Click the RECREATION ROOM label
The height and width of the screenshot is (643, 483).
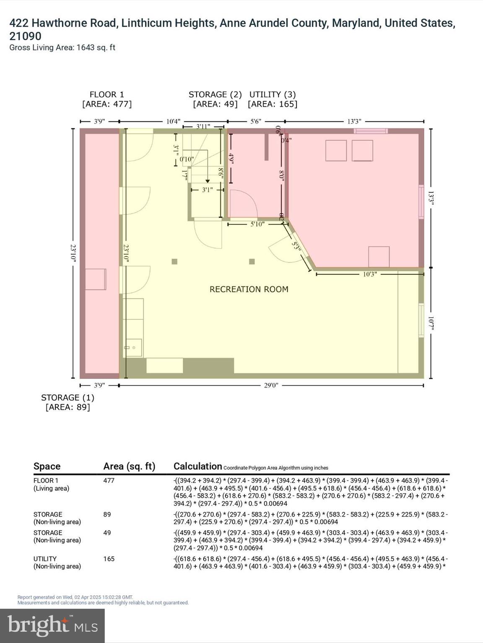pyautogui.click(x=249, y=289)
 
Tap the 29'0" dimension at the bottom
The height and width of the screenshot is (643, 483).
pyautogui.click(x=271, y=386)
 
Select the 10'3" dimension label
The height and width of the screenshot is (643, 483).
pyautogui.click(x=369, y=274)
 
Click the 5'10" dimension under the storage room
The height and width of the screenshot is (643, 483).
pyautogui.click(x=257, y=224)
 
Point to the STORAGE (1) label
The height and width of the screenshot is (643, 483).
pyautogui.click(x=68, y=398)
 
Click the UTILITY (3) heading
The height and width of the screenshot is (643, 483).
pyautogui.click(x=273, y=95)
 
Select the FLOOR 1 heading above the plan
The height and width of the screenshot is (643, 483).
pyautogui.click(x=107, y=95)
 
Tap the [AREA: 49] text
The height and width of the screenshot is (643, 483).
pyautogui.click(x=215, y=104)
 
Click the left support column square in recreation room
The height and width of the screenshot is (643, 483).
pyautogui.click(x=174, y=262)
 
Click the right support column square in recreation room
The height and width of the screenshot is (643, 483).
pyautogui.click(x=252, y=262)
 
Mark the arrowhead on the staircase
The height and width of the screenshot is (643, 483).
pyautogui.click(x=208, y=181)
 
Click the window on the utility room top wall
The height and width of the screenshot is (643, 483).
pyautogui.click(x=371, y=131)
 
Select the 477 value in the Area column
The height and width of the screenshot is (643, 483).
pyautogui.click(x=109, y=481)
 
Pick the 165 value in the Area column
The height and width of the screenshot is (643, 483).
pyautogui.click(x=109, y=559)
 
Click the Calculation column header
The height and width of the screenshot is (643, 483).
pyautogui.click(x=197, y=466)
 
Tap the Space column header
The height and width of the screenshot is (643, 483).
pyautogui.click(x=47, y=466)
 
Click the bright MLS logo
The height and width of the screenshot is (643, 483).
pyautogui.click(x=52, y=625)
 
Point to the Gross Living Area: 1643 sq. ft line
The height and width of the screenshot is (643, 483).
pyautogui.click(x=62, y=48)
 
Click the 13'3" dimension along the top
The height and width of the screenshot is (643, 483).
pyautogui.click(x=354, y=121)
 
